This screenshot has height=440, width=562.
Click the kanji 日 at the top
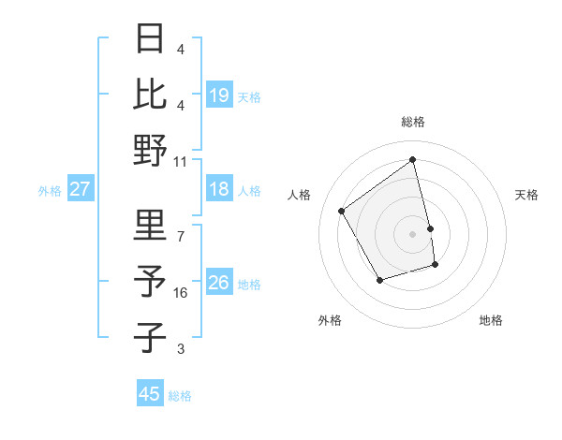151,38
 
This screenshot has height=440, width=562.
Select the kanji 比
151,94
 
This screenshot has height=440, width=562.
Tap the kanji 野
151,150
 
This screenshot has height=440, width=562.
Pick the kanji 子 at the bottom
151,337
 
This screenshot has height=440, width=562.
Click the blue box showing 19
218,95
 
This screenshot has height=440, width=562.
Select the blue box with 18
218,189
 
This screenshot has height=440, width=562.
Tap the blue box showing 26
218,283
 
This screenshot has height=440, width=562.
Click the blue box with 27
80,189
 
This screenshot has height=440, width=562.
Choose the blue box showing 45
149,394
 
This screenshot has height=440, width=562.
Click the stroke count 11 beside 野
181,162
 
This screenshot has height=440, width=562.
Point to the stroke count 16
181,293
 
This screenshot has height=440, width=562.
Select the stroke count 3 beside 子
181,349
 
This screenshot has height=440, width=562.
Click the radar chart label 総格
412,122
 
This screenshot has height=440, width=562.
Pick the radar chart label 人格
300,195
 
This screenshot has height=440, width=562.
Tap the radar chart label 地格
491,321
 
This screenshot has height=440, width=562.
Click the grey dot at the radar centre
412,234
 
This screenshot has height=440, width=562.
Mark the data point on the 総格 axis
412,159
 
